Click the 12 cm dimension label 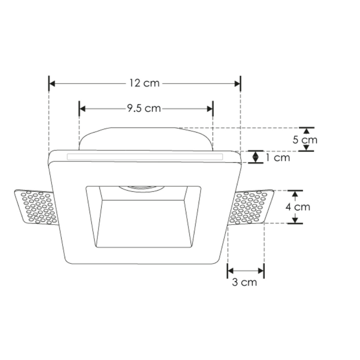[144, 83]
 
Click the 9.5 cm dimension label [144, 108]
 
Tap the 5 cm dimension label [304, 139]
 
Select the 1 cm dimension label [277, 158]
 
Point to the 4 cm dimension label [298, 206]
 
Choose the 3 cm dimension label [244, 282]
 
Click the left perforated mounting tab [35, 207]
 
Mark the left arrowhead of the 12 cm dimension [52, 83]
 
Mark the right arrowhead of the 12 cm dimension [237, 83]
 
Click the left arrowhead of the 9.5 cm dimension [83, 108]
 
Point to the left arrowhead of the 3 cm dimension [230, 271]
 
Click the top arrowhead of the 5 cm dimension [306, 130]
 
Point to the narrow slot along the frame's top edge [144, 157]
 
